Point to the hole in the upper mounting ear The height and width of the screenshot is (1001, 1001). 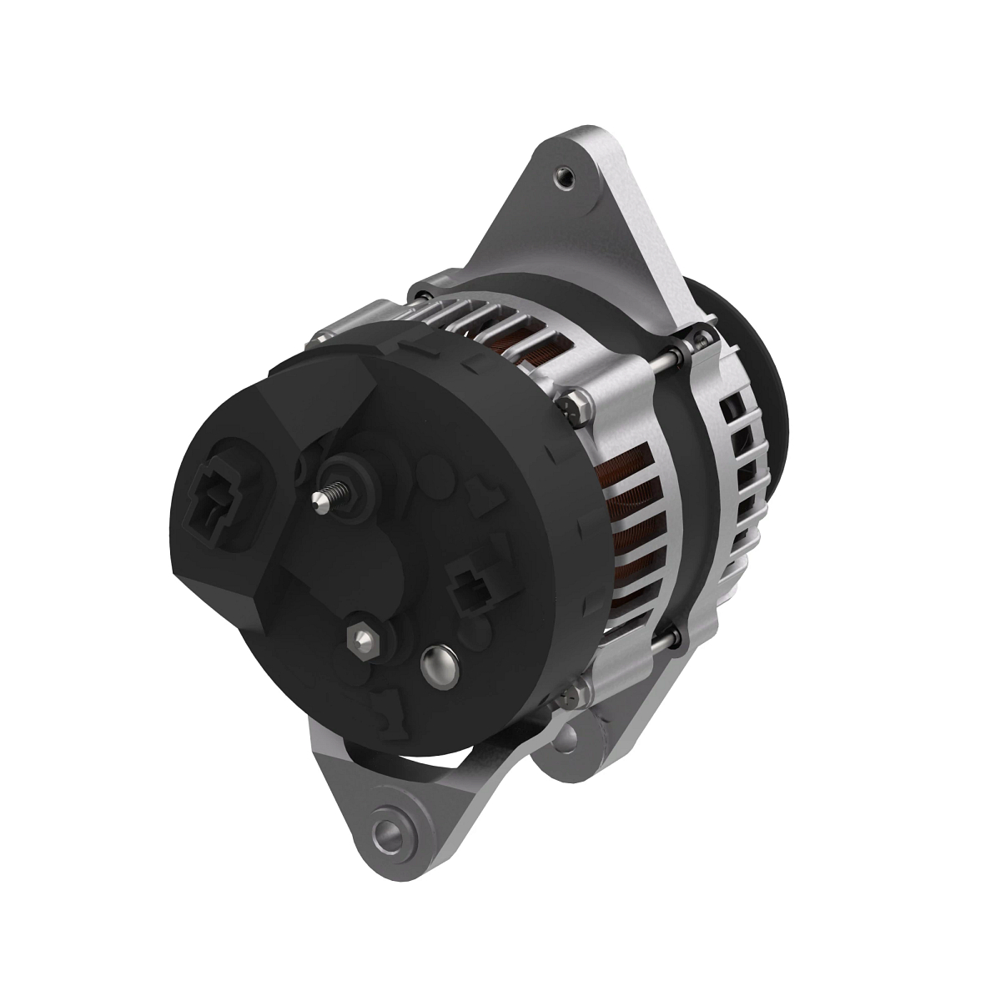point(565,176)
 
